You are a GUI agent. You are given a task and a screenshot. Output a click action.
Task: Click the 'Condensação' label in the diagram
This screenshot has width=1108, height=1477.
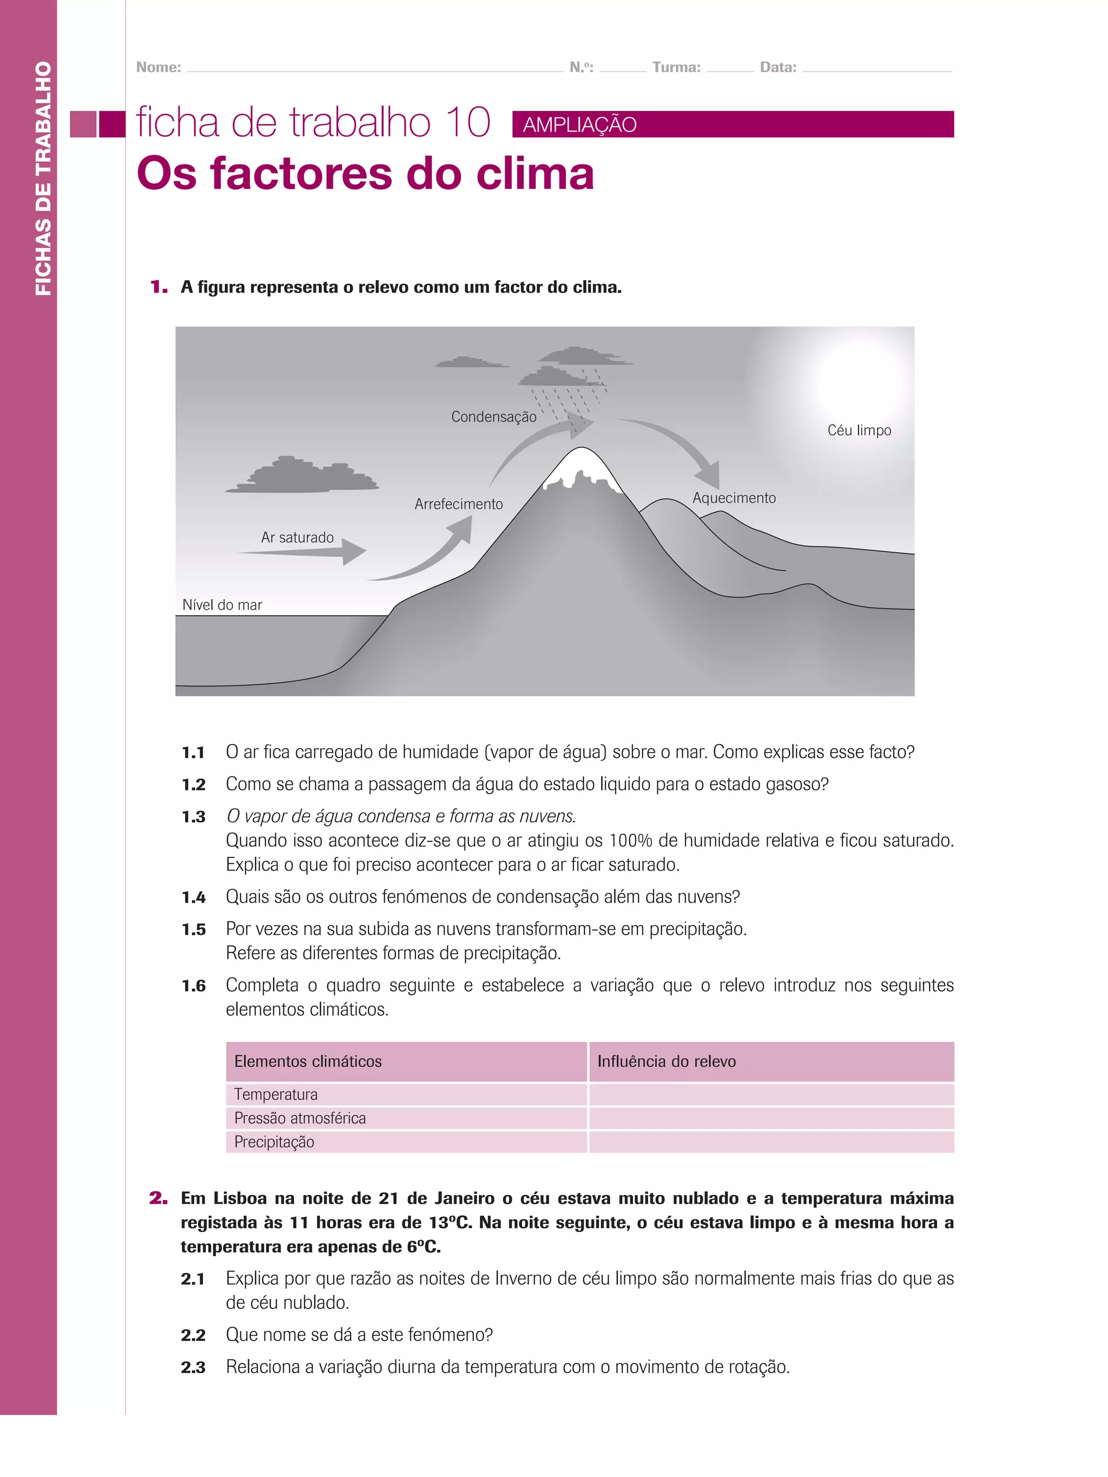pyautogui.click(x=493, y=417)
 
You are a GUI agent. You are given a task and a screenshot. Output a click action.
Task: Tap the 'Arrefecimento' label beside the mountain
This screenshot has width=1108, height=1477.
pyautogui.click(x=458, y=504)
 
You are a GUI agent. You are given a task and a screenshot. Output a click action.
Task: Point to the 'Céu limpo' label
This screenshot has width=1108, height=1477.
pyautogui.click(x=859, y=431)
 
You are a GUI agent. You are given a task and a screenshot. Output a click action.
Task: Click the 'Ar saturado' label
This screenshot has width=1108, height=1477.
pyautogui.click(x=297, y=538)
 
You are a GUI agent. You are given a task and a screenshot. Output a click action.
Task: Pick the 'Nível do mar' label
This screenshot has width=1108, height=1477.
pyautogui.click(x=222, y=605)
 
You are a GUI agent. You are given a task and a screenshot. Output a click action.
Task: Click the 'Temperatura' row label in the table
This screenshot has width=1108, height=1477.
pyautogui.click(x=276, y=1094)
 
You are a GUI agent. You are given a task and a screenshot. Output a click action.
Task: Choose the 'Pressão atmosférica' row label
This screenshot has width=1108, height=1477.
pyautogui.click(x=300, y=1118)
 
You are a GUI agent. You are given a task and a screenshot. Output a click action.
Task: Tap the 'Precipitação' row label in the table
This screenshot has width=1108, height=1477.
pyautogui.click(x=274, y=1142)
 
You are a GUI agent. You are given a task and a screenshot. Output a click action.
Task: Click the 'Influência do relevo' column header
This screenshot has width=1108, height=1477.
pyautogui.click(x=666, y=1061)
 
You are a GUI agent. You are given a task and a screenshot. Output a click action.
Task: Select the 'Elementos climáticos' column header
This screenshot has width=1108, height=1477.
pyautogui.click(x=308, y=1061)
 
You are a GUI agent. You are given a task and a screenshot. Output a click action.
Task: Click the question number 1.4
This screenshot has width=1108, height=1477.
pyautogui.click(x=193, y=898)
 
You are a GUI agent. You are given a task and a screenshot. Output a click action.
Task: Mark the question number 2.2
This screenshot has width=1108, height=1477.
pyautogui.click(x=193, y=1335)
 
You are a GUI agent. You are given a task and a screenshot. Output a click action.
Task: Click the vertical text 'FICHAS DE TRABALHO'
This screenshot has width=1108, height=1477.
pyautogui.click(x=43, y=179)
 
